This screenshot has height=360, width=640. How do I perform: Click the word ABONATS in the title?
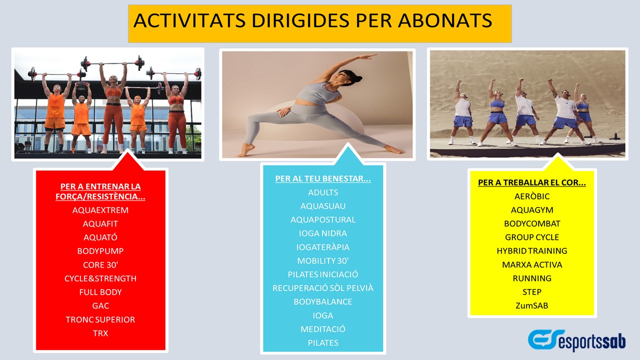pyautogui.click(x=445, y=20)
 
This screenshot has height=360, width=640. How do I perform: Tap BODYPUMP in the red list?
pyautogui.click(x=100, y=251)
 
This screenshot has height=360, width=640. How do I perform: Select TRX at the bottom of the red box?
pyautogui.click(x=100, y=333)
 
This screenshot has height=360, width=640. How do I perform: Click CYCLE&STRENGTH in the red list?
pyautogui.click(x=100, y=278)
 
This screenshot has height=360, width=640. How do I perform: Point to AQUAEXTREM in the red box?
pyautogui.click(x=100, y=210)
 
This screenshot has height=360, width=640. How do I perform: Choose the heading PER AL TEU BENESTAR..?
pyautogui.click(x=323, y=179)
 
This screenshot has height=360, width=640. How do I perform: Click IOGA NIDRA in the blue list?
pyautogui.click(x=323, y=233)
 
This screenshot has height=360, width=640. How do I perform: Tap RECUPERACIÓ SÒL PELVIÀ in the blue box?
pyautogui.click(x=323, y=288)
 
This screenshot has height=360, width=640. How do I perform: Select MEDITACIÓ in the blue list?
pyautogui.click(x=323, y=329)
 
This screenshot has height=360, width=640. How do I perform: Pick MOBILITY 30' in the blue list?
pyautogui.click(x=323, y=261)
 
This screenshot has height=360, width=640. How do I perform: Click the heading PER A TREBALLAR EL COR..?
pyautogui.click(x=531, y=182)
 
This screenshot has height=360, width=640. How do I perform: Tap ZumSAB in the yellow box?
pyautogui.click(x=531, y=305)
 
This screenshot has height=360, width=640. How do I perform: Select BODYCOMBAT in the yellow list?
pyautogui.click(x=531, y=223)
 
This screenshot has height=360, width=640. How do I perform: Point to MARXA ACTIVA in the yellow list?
pyautogui.click(x=531, y=265)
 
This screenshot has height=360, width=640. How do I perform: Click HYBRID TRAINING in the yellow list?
pyautogui.click(x=531, y=251)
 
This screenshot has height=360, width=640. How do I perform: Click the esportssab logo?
pyautogui.click(x=576, y=340)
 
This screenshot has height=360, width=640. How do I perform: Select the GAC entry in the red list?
pyautogui.click(x=100, y=306)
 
